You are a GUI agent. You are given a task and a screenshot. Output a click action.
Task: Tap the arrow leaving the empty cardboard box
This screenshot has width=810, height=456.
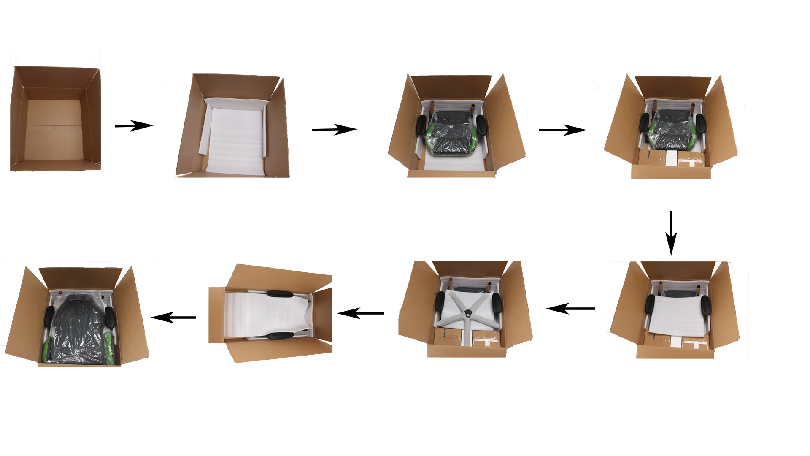pos(134,125)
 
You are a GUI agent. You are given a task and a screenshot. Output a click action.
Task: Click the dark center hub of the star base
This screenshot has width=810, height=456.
pos(467,312)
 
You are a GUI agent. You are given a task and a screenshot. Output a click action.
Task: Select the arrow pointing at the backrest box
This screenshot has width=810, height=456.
pos(173,317)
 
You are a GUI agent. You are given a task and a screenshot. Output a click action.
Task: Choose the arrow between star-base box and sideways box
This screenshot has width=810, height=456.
pos(361,313)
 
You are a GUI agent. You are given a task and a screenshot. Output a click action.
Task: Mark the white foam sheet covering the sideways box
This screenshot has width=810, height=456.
pos(266,315)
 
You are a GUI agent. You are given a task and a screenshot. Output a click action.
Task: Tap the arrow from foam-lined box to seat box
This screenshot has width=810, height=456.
pos(335,130)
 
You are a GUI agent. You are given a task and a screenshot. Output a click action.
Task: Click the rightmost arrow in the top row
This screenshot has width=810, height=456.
pos(562,130)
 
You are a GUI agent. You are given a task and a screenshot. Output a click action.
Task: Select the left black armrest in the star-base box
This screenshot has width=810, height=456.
pos(440,301)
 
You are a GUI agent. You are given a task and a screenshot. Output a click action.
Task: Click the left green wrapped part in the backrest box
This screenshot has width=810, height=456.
pos(46,348)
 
